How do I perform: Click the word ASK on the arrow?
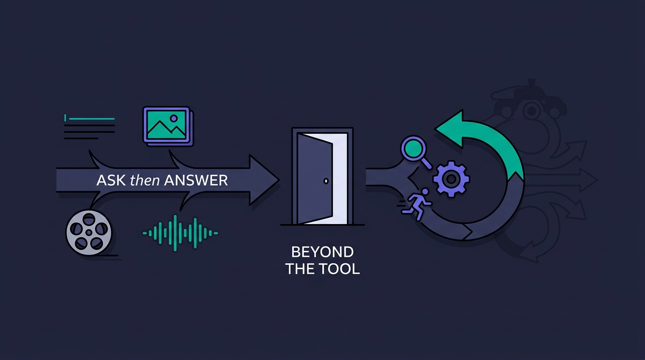111,180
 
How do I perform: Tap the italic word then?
145,180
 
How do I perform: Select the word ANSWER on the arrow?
196,180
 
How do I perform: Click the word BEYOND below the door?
322,252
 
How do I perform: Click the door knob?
326,181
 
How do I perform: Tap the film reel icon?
89,232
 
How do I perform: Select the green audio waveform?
180,232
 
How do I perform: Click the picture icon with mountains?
168,126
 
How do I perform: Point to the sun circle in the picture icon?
173,119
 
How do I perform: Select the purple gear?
451,179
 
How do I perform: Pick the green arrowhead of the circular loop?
450,128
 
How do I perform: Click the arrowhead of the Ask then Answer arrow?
263,180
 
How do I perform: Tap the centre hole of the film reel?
89,232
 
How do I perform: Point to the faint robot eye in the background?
531,111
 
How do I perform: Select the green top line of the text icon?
92,119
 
